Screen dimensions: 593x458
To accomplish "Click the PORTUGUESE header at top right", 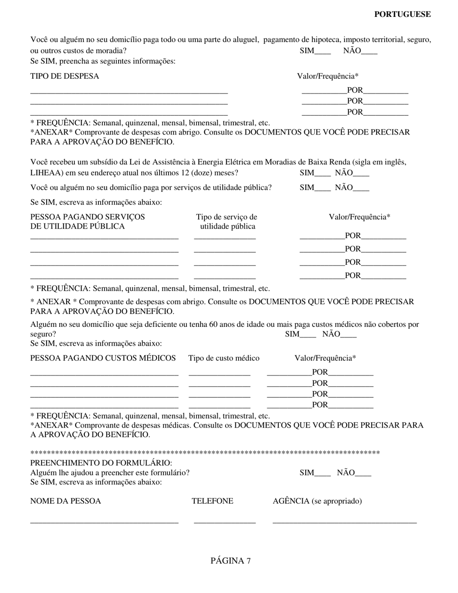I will pyautogui.click(x=402, y=14).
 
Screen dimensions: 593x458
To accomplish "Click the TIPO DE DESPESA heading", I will pyautogui.click(x=64, y=76).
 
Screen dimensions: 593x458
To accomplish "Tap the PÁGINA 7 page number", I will pyautogui.click(x=230, y=561).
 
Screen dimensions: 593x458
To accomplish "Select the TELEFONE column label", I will pyautogui.click(x=212, y=501).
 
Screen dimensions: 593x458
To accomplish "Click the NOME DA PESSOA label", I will pyautogui.click(x=66, y=501).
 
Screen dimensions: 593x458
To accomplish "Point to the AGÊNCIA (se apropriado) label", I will pyautogui.click(x=317, y=501).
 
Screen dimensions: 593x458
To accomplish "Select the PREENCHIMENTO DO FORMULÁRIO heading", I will pyautogui.click(x=101, y=463).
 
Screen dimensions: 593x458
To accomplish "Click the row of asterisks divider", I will pyautogui.click(x=205, y=453).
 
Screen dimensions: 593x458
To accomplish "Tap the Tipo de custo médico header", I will pyautogui.click(x=224, y=358).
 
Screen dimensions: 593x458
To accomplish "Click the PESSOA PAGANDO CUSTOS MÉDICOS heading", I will pyautogui.click(x=103, y=358).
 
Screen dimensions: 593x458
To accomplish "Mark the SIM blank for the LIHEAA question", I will pyautogui.click(x=323, y=174).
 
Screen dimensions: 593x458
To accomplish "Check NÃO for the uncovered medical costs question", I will pyautogui.click(x=349, y=335).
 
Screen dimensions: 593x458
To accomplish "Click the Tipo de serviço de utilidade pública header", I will pyautogui.click(x=227, y=222).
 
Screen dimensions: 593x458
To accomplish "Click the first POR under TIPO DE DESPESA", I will pyautogui.click(x=355, y=90).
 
